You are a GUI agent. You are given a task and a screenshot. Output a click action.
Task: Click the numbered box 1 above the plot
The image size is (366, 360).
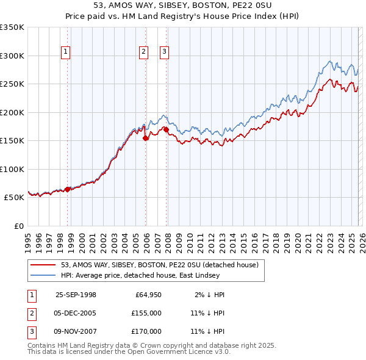[65, 52]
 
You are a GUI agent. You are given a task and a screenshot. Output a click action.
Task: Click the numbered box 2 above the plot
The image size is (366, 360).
[143, 52]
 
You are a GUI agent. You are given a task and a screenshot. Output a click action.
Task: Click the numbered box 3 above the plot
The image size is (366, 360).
[164, 52]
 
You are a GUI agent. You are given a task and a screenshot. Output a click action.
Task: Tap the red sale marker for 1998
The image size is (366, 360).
[68, 189]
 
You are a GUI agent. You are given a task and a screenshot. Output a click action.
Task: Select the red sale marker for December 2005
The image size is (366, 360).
[145, 139]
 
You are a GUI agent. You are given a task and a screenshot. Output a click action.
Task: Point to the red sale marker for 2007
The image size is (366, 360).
[166, 129]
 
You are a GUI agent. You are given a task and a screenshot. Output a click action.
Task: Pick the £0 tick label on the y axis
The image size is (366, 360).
[18, 226]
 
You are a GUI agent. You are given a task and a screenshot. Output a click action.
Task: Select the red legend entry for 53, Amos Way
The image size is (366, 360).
[160, 265]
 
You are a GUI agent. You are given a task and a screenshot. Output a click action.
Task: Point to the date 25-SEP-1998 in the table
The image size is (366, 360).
[76, 295]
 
